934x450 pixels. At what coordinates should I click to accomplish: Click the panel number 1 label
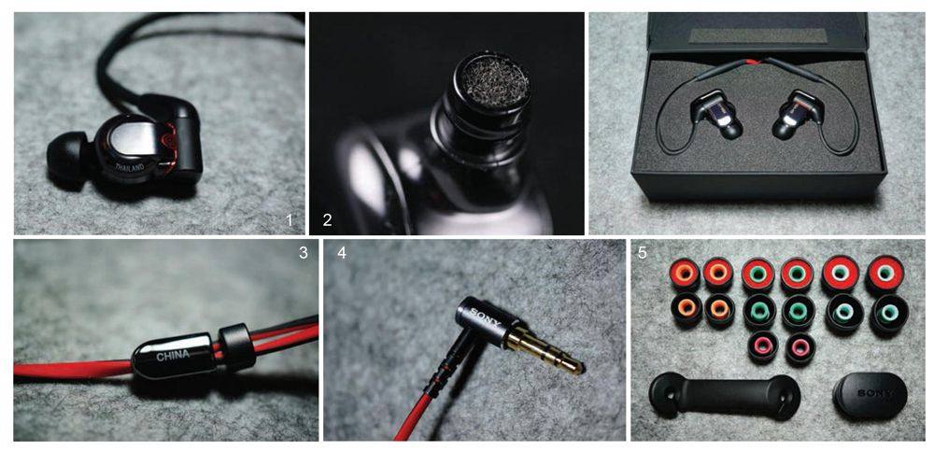click(290, 219)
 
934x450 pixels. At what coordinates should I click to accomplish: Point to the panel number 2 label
click(327, 219)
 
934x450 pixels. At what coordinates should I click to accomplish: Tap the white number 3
click(304, 252)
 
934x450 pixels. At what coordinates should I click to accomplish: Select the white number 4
click(341, 252)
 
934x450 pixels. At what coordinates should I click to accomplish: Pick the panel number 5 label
click(643, 252)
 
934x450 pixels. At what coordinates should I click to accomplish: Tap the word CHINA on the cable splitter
click(173, 356)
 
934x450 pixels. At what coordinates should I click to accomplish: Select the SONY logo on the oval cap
click(874, 393)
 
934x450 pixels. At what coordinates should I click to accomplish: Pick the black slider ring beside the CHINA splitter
click(237, 346)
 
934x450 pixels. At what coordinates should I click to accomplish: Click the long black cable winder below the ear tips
click(725, 397)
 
